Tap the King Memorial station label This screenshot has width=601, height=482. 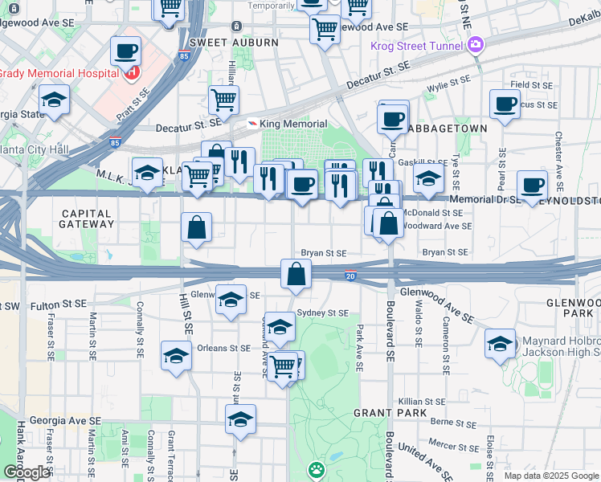(293, 124)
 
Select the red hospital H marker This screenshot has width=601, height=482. (131, 73)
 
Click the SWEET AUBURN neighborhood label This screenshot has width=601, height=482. (234, 43)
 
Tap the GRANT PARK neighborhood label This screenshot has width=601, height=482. (383, 412)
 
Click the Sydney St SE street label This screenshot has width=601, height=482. (322, 312)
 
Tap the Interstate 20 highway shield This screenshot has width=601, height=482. (350, 276)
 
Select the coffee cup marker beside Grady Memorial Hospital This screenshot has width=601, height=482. (125, 52)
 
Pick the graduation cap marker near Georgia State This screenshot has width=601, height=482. (55, 100)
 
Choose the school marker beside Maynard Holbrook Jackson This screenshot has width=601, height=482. (500, 345)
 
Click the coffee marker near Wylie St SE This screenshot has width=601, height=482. (505, 104)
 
